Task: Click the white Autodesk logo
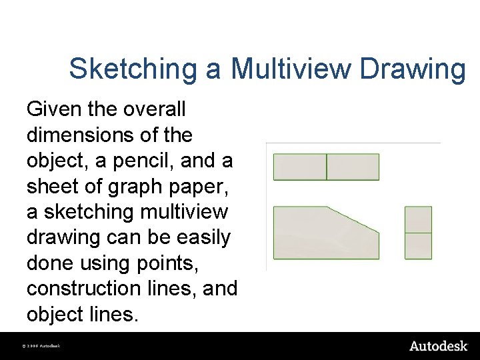click(438, 345)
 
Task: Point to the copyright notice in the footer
click(42, 346)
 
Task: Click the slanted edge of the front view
click(353, 219)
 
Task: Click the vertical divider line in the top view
click(327, 167)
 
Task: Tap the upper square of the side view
click(418, 219)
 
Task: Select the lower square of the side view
click(418, 245)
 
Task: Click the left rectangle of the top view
click(300, 167)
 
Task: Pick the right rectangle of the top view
click(353, 167)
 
